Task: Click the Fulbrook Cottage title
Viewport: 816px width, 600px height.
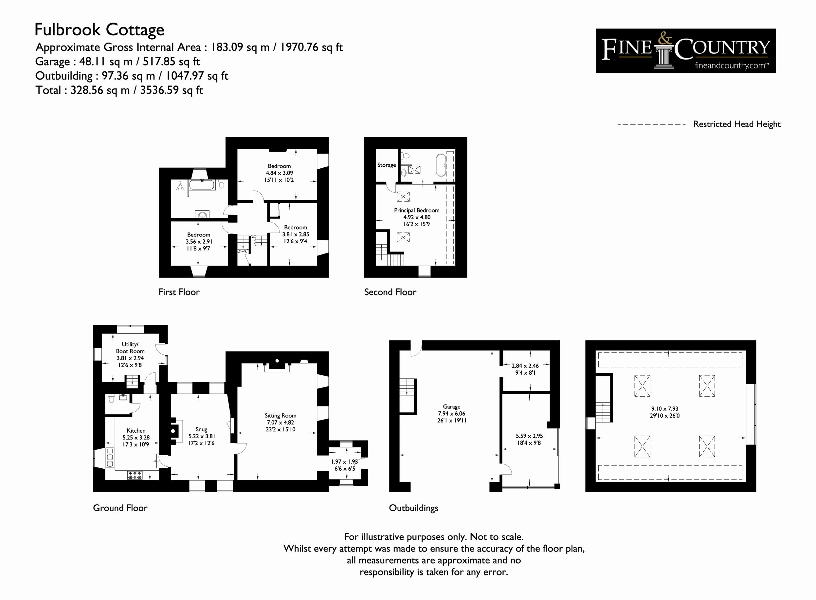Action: [100, 30]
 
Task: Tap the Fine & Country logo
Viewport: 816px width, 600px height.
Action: [686, 51]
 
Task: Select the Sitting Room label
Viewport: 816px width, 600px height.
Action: [280, 416]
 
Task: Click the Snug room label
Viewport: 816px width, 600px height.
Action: [201, 429]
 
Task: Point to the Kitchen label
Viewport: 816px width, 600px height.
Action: [136, 430]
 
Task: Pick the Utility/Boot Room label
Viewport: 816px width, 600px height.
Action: [130, 347]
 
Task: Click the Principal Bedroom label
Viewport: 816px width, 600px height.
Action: [417, 210]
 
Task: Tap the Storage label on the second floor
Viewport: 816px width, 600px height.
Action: [387, 165]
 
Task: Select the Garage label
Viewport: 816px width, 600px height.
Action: [452, 407]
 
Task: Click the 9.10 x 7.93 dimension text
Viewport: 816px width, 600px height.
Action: [665, 409]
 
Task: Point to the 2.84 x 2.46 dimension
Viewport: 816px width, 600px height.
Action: [525, 366]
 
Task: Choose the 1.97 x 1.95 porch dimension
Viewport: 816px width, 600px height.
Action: [344, 461]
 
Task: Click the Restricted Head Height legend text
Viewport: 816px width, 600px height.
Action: [737, 124]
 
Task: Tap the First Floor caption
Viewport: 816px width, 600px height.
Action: [179, 292]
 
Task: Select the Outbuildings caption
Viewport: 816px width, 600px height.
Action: [413, 508]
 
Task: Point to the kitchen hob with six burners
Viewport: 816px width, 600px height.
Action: [135, 475]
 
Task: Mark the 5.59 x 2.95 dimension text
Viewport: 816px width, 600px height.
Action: [529, 436]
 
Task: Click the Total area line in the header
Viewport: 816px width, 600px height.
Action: [119, 90]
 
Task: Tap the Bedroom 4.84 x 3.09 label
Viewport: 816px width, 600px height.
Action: [279, 173]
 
